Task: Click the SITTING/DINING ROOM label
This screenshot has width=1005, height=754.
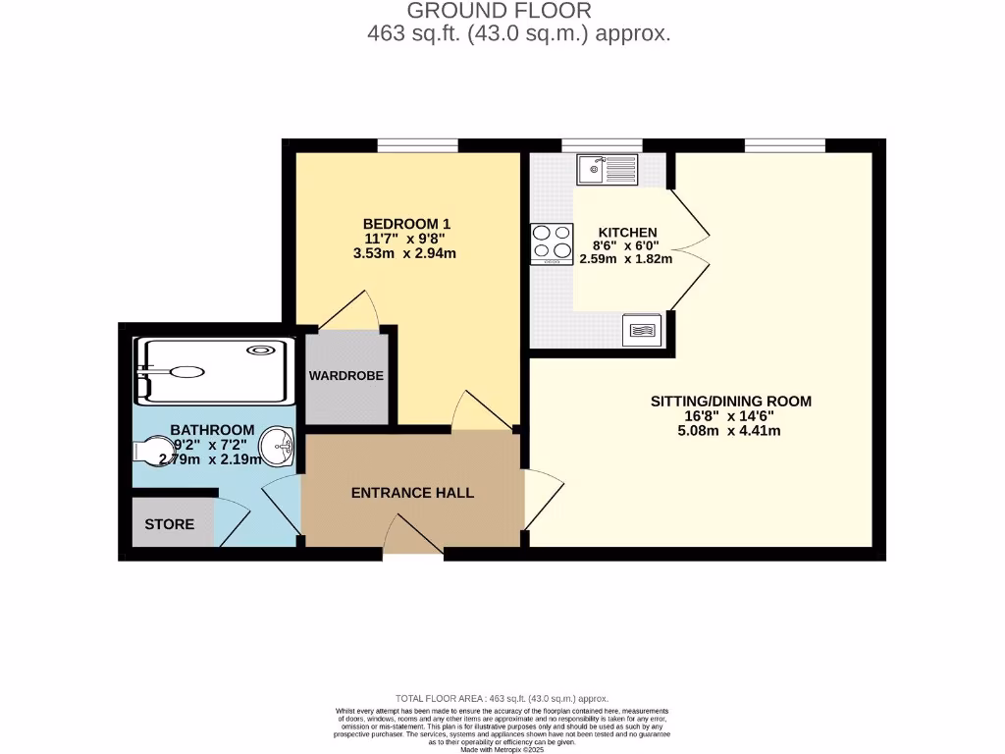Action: click(x=731, y=402)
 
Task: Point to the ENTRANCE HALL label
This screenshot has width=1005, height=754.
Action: click(x=412, y=493)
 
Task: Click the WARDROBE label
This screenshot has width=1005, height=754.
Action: click(x=345, y=376)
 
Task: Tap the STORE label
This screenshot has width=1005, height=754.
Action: click(x=170, y=524)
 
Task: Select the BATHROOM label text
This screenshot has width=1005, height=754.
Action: click(x=212, y=430)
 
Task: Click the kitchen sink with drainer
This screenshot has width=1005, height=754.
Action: click(x=608, y=170)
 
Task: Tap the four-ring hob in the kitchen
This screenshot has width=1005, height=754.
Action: click(x=552, y=244)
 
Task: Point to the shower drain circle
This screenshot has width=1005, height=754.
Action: click(x=262, y=349)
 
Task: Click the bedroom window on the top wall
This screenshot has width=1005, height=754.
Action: click(x=417, y=146)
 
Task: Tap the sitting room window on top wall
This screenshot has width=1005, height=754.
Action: click(x=784, y=146)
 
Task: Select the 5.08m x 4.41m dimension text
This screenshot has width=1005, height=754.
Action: click(x=731, y=430)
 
